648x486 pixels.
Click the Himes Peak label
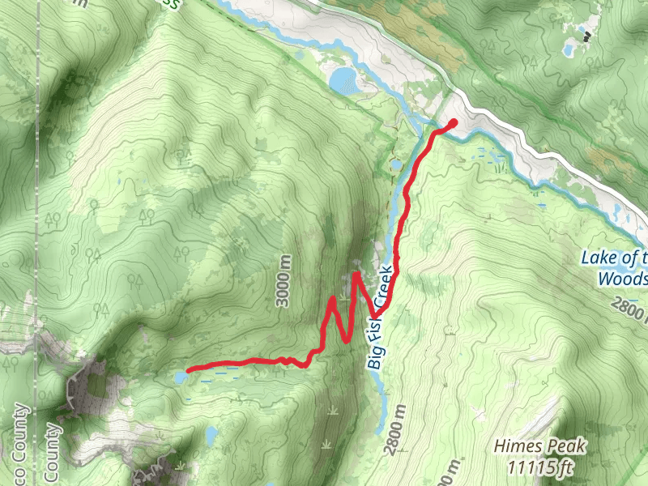tap(540, 446)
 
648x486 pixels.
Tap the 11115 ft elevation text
tap(542, 467)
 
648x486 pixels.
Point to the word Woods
tap(623, 279)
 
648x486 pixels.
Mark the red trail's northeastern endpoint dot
tap(453, 123)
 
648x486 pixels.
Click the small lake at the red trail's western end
tap(181, 377)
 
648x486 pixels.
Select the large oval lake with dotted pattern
tap(342, 79)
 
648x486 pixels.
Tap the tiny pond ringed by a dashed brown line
tap(395, 166)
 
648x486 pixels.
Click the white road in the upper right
tap(567, 162)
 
